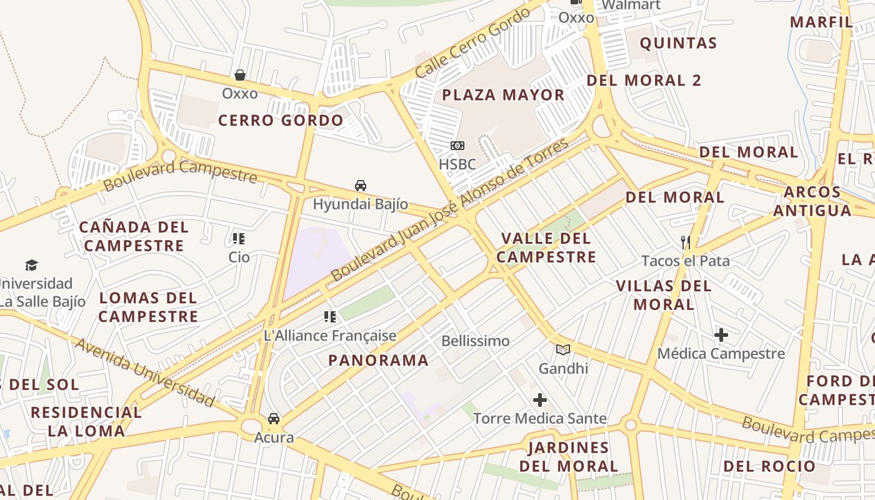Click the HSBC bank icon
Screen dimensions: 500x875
tap(457, 146)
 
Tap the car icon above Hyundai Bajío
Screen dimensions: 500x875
tap(361, 186)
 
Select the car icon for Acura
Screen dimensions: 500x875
tap(274, 419)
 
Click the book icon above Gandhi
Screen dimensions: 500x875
tap(563, 350)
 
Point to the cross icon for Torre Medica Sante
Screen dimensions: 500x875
tap(540, 400)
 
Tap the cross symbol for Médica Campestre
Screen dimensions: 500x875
tap(721, 335)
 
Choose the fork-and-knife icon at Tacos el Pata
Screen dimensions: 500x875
tap(686, 242)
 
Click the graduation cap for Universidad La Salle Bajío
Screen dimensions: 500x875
tap(31, 266)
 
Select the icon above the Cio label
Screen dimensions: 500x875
tap(238, 238)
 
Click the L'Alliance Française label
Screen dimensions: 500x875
tap(330, 336)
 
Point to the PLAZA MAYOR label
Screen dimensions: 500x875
tap(503, 95)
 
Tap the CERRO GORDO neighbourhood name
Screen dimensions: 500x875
tap(281, 121)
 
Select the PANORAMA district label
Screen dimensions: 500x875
tap(379, 360)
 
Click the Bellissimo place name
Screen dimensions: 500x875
tap(476, 341)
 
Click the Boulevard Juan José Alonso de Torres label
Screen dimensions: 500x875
tap(450, 210)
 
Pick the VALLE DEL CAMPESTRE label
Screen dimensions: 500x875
tap(546, 247)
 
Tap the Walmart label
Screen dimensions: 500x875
tap(631, 5)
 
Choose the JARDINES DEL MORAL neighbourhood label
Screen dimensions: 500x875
tap(568, 457)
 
